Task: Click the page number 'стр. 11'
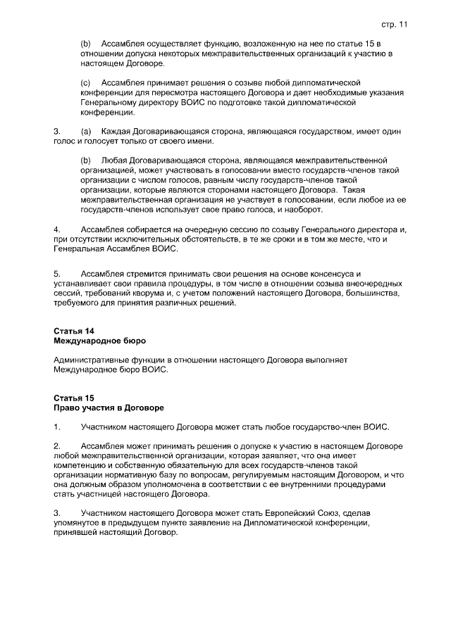point(394,24)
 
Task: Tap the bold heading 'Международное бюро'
point(99,341)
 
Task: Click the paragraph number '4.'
point(57,229)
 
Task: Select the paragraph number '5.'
point(57,272)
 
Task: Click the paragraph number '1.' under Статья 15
point(57,427)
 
